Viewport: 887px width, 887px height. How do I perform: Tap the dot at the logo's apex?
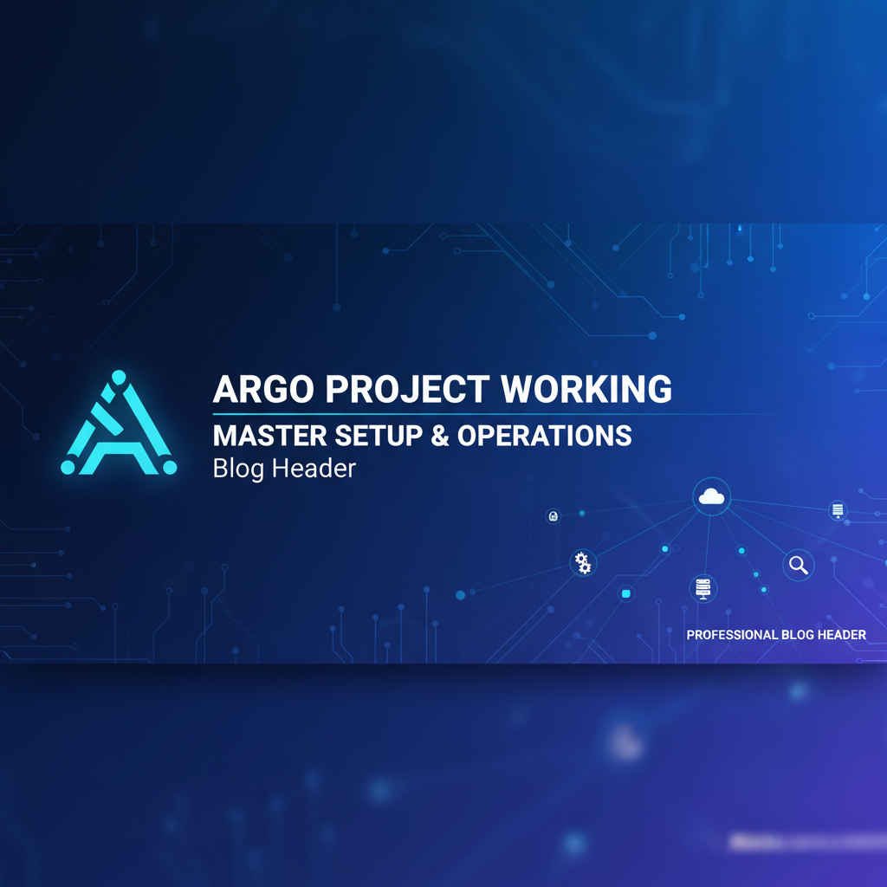pos(119,377)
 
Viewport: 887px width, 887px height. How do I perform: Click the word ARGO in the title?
pos(263,389)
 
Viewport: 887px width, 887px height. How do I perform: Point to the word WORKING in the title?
pos(586,389)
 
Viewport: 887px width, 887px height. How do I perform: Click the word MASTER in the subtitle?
pos(262,435)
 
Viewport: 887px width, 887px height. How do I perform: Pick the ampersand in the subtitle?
pos(440,435)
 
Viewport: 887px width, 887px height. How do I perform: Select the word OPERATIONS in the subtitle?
pos(544,435)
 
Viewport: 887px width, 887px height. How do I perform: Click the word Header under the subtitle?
pos(314,469)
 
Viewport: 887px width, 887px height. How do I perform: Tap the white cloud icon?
pos(711,496)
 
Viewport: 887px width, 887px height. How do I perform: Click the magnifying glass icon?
pos(798,565)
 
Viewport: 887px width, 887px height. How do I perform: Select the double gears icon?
pos(583,562)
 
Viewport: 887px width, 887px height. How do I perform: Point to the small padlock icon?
pos(553,516)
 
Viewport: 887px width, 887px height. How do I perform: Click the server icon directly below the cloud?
pos(702,588)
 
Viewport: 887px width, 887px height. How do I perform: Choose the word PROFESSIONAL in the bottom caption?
pos(732,635)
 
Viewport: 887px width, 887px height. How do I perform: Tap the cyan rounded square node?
pos(626,594)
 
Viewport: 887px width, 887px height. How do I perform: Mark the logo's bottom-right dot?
pos(169,467)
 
